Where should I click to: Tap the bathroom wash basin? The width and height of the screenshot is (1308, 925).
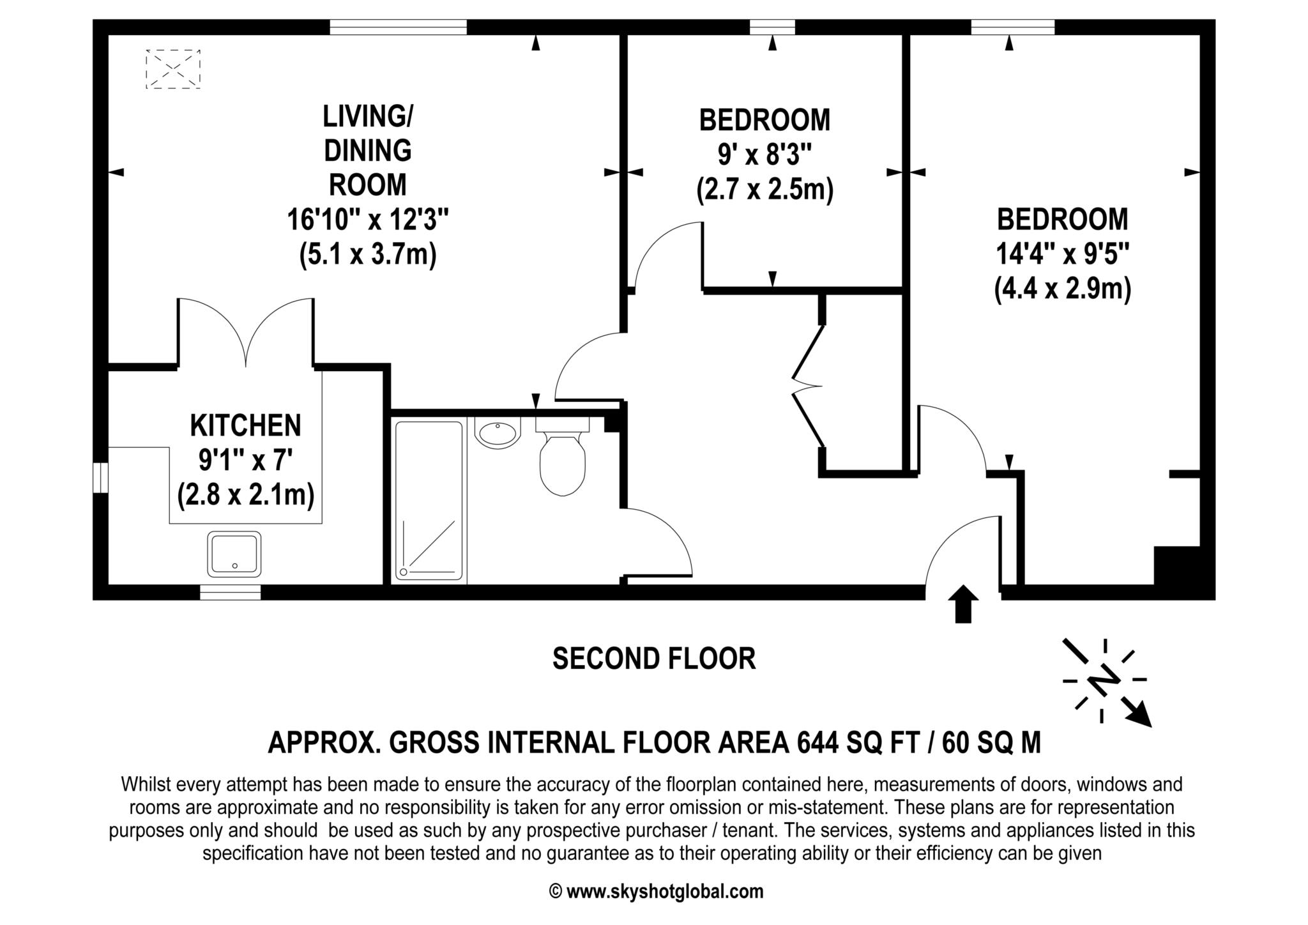pos(498,432)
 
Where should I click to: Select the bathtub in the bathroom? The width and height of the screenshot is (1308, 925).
pos(429,500)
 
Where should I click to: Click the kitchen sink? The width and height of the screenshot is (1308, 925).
pos(234,554)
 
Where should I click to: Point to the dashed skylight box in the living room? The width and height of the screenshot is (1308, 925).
pos(173,69)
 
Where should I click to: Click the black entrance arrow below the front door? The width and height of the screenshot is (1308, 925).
pos(963,604)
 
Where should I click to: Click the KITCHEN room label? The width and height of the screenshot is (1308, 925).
pos(245,425)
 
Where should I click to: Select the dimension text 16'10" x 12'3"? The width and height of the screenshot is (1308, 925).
pos(368,220)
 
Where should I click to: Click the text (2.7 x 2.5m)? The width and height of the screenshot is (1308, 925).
pos(765,190)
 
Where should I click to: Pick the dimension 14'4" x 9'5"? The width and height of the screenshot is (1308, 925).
pos(1063,255)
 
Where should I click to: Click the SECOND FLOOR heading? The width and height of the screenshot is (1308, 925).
pos(654,659)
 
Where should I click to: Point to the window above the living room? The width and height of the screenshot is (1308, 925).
pos(399,27)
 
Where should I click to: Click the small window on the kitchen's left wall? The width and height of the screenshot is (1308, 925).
pos(100,478)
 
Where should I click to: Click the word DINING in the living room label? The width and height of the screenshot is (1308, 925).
pos(368,151)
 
